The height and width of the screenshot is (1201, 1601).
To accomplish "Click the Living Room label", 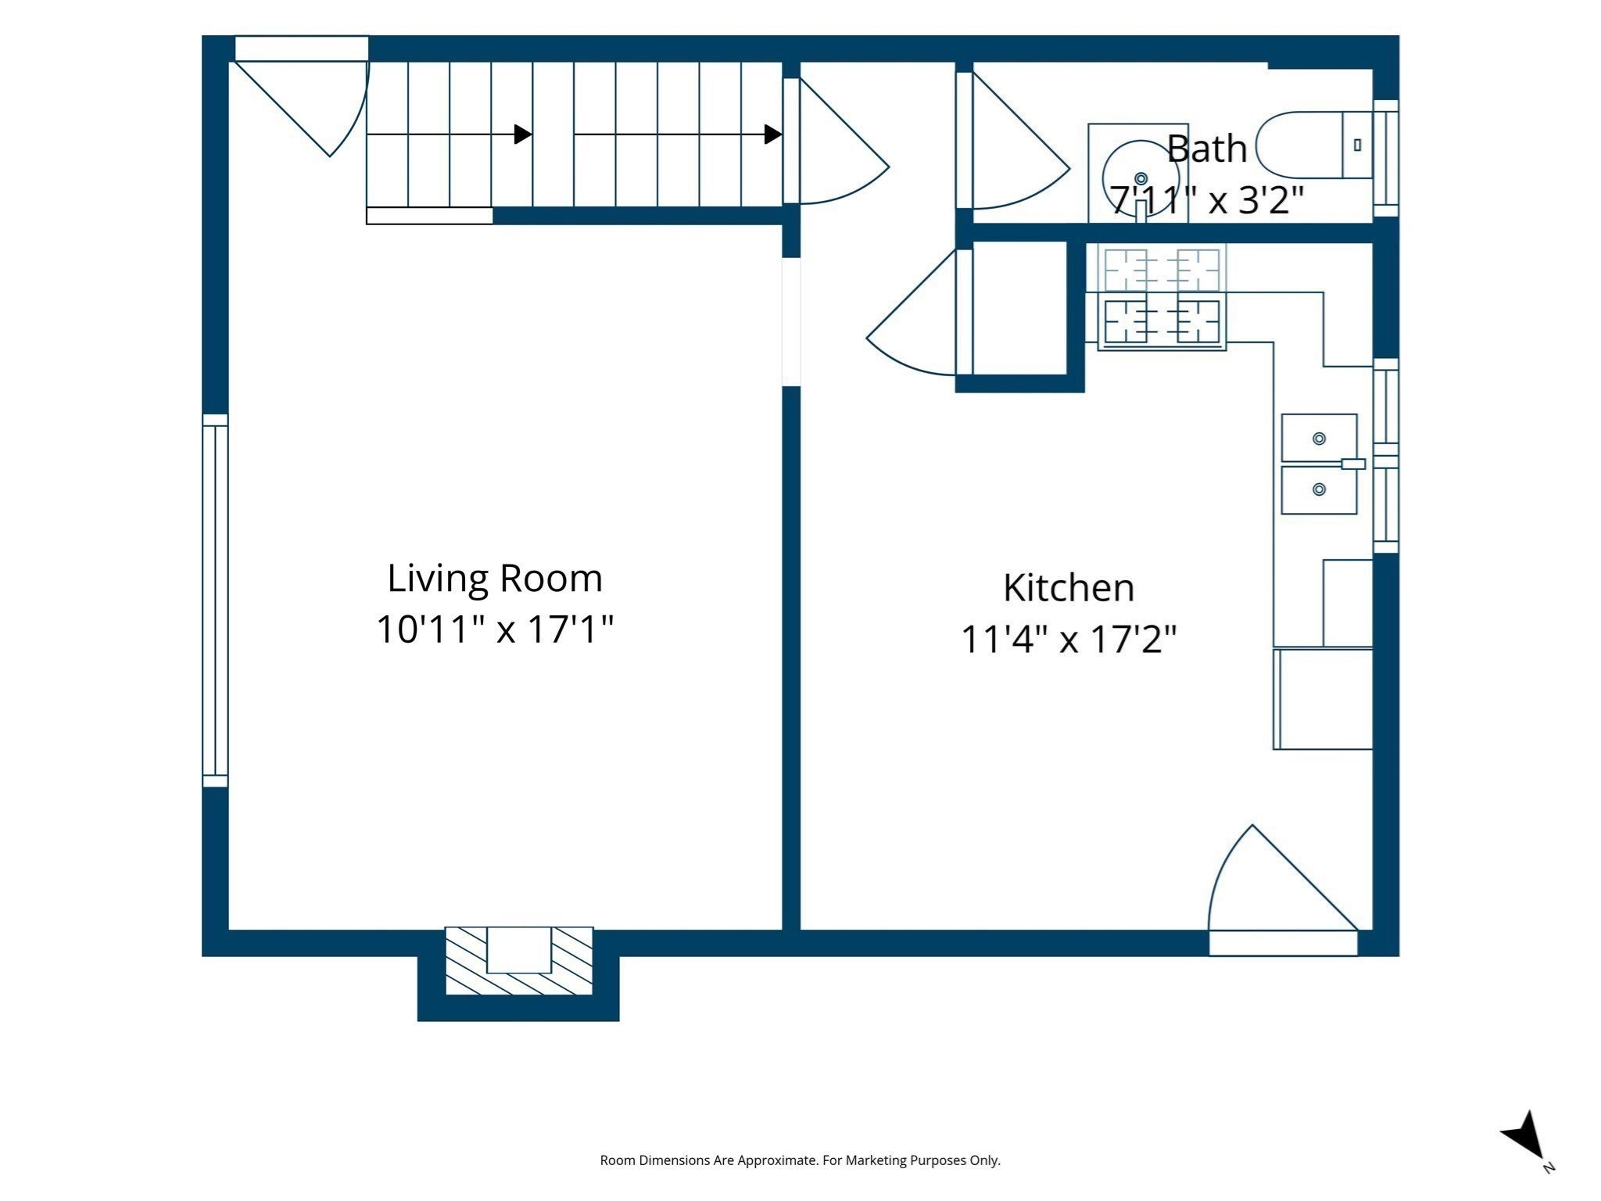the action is coord(495,579).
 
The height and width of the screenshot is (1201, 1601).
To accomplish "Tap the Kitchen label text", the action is coord(1069,588).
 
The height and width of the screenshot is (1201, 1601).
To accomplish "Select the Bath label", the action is coord(1206,149).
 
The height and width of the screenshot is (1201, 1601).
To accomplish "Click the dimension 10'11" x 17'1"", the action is coord(495,629).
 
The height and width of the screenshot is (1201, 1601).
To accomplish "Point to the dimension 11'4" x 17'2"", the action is coord(1069,640).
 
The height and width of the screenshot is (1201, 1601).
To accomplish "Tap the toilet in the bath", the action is coord(1314,145).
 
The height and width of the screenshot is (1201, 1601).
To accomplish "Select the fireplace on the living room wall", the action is coord(519,961).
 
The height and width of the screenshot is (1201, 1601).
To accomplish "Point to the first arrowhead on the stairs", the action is coord(523,134).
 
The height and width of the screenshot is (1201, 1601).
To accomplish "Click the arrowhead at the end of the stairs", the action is coord(773,134).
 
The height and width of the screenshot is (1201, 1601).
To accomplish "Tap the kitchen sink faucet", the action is coord(1353,464).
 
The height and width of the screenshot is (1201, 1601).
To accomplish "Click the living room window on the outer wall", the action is coord(215,600).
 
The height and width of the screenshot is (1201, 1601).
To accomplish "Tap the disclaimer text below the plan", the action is coord(800,1160).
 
